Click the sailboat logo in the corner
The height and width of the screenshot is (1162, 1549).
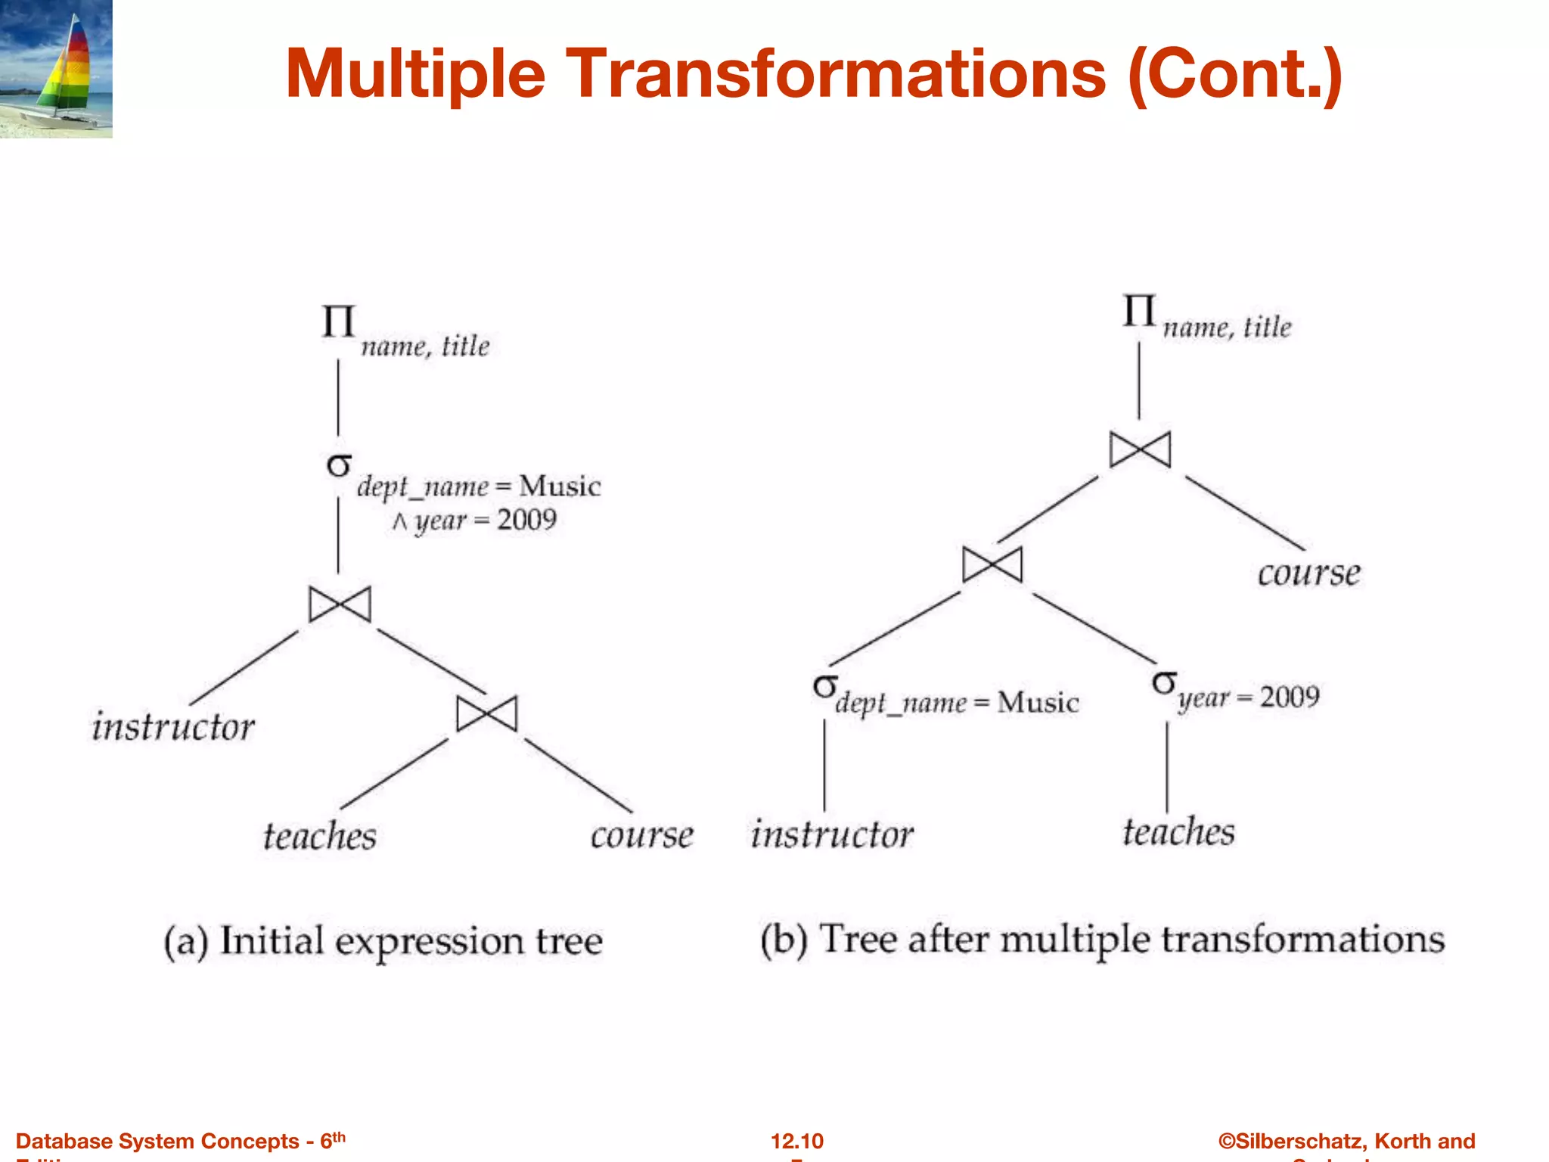click(x=57, y=68)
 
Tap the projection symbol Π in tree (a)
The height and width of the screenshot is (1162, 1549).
click(x=338, y=322)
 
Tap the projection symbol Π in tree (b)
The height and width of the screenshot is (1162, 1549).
click(x=1139, y=310)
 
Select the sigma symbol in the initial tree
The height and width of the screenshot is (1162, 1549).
click(x=339, y=464)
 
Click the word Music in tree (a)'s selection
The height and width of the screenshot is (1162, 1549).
click(x=560, y=486)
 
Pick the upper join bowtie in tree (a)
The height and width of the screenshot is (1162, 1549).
click(x=340, y=604)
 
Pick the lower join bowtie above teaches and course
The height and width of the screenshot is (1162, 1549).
click(x=487, y=713)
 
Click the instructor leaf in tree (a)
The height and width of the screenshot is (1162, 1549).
click(x=173, y=726)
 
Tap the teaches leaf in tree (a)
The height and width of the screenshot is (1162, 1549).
click(x=319, y=836)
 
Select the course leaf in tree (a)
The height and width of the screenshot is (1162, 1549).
click(x=641, y=836)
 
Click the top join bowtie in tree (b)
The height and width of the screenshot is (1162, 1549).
click(x=1140, y=450)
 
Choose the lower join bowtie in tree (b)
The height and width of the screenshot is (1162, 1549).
click(x=992, y=564)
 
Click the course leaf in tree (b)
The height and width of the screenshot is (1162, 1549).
click(x=1308, y=573)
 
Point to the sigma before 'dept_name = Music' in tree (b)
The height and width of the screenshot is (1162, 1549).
click(x=825, y=686)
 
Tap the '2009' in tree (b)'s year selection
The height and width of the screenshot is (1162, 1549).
click(x=1289, y=696)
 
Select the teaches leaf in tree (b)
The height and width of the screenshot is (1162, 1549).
click(x=1178, y=831)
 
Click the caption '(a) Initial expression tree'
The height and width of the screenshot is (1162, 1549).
click(x=383, y=941)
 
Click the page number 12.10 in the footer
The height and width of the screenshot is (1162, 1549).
click(x=796, y=1141)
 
